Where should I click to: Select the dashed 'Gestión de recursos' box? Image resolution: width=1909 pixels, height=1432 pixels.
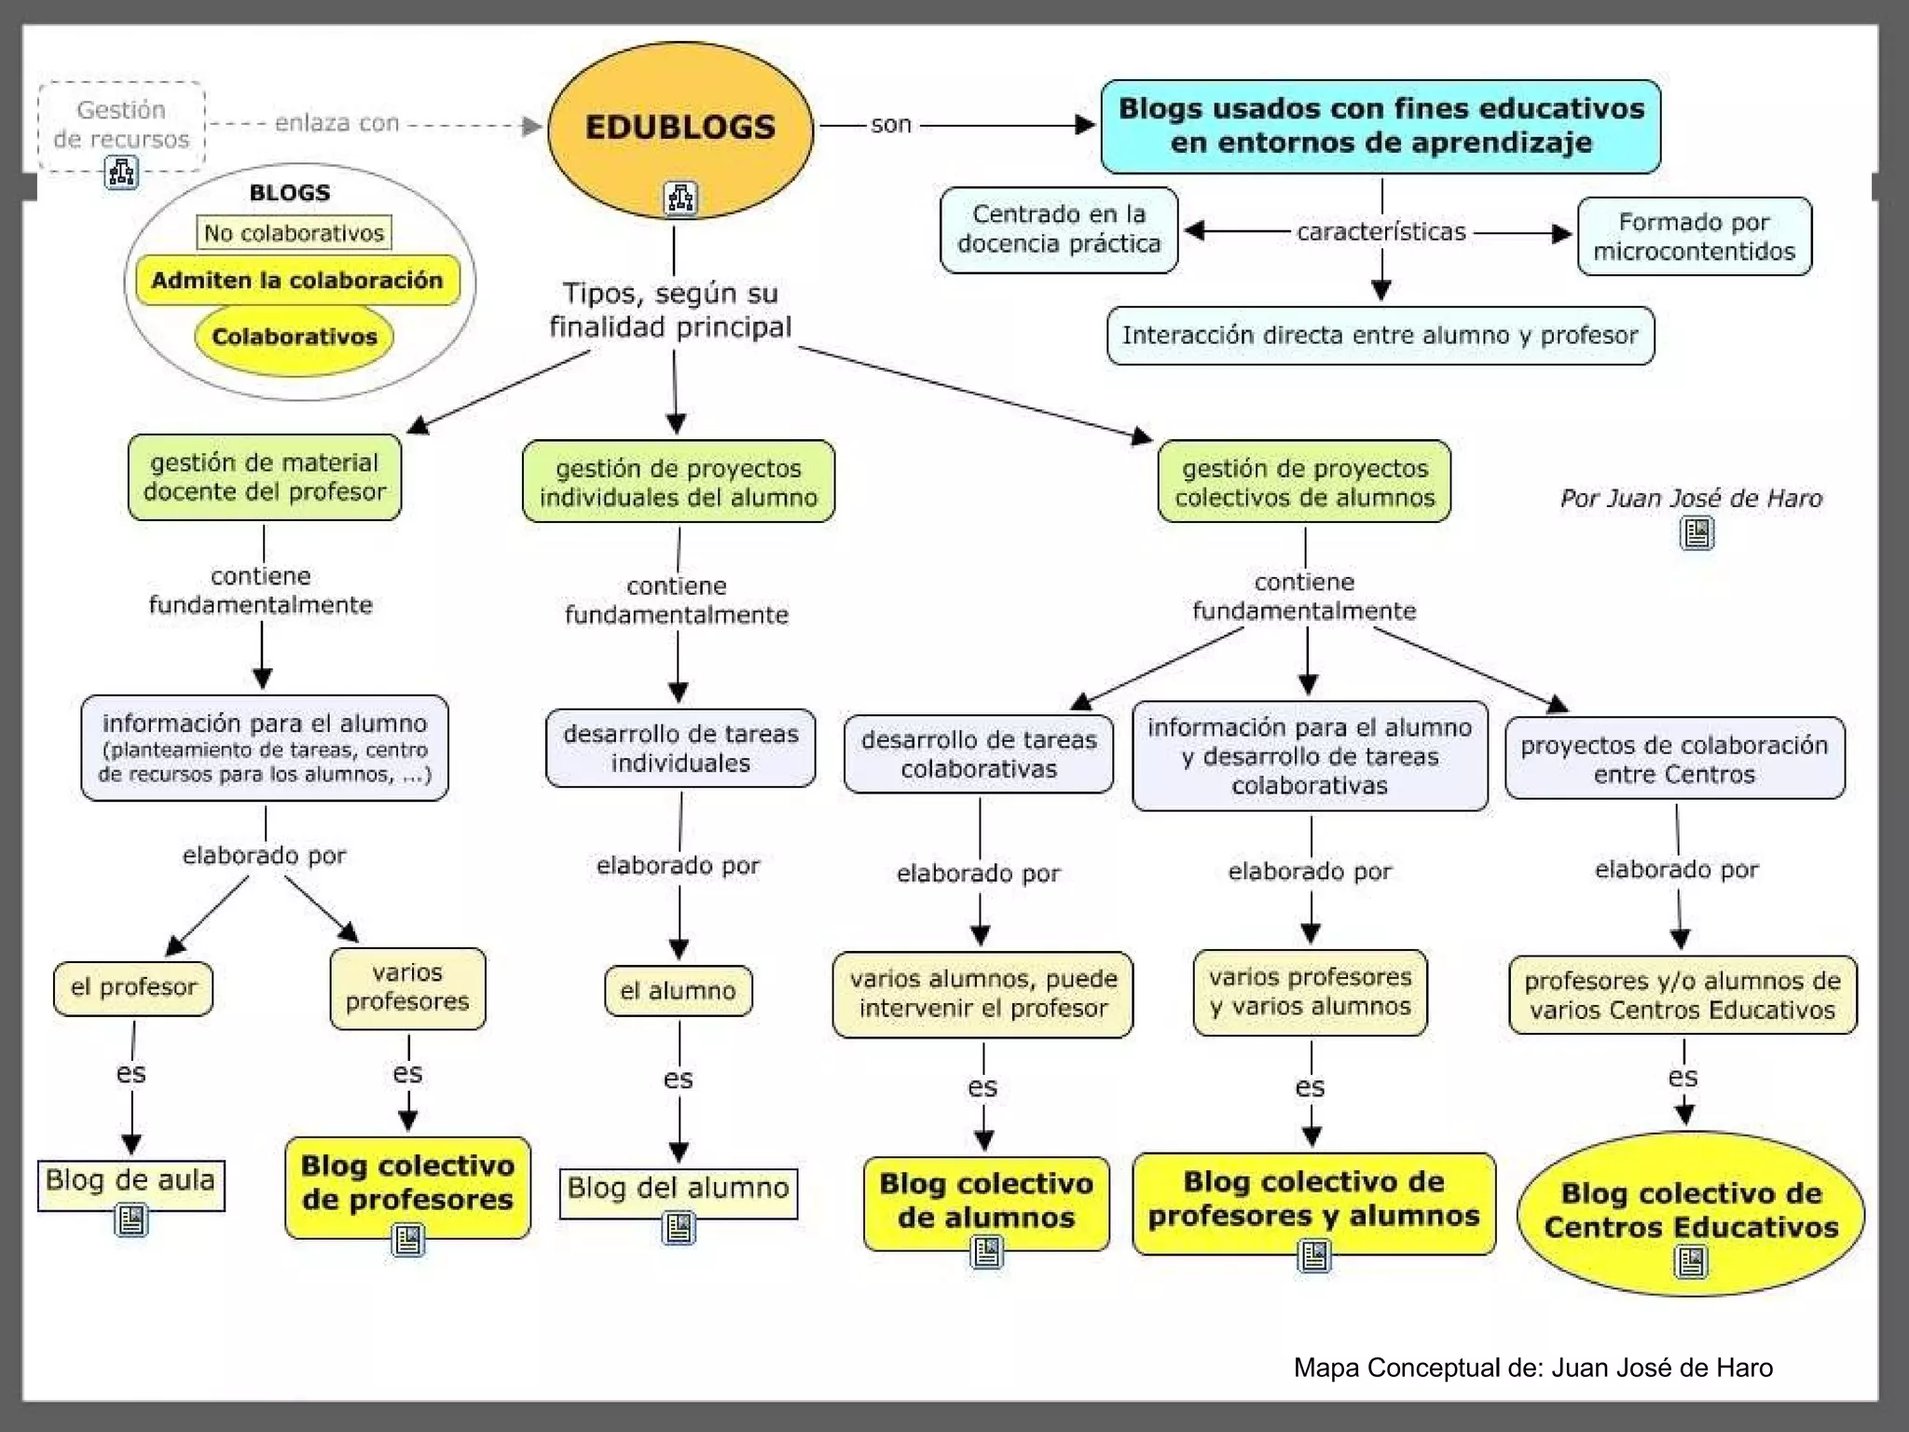tap(121, 125)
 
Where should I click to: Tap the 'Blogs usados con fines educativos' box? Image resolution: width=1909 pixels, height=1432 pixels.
tap(1380, 126)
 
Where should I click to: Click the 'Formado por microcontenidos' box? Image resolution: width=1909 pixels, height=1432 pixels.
tap(1694, 236)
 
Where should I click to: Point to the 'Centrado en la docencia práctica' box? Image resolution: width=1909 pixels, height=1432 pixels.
tap(1059, 229)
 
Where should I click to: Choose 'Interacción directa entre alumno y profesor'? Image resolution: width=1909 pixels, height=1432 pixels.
tap(1380, 336)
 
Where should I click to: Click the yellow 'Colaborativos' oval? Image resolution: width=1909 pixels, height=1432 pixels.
tap(295, 337)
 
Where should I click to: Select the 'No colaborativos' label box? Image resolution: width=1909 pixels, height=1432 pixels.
tap(294, 233)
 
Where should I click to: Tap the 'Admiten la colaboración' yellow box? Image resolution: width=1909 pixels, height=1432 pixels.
tap(297, 281)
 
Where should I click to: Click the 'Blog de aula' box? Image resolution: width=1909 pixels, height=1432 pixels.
tap(130, 1182)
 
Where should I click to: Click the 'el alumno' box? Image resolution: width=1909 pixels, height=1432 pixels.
tap(679, 990)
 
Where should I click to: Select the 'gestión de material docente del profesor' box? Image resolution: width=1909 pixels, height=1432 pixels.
tap(265, 477)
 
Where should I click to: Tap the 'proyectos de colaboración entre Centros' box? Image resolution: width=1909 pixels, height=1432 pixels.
tap(1674, 759)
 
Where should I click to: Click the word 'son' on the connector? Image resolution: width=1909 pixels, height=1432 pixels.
tap(890, 124)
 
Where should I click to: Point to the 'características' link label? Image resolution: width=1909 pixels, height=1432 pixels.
tap(1381, 231)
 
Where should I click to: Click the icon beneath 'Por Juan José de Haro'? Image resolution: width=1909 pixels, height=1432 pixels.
tap(1696, 533)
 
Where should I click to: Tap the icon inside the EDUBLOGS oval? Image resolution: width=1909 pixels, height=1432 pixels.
tap(680, 198)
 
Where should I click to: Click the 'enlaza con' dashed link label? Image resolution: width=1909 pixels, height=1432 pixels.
tap(337, 123)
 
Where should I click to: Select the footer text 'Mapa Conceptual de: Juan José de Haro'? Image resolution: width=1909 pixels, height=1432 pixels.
tap(1532, 1368)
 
